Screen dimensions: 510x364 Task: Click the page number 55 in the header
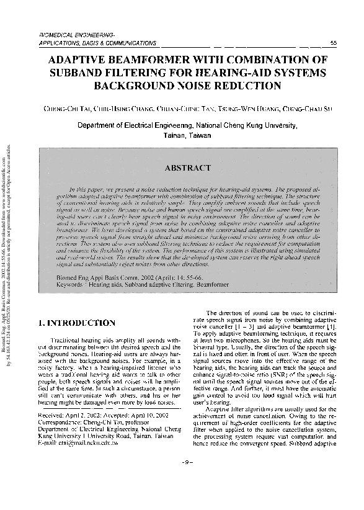[333, 43]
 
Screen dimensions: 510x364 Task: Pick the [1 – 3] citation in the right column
[243, 325]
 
